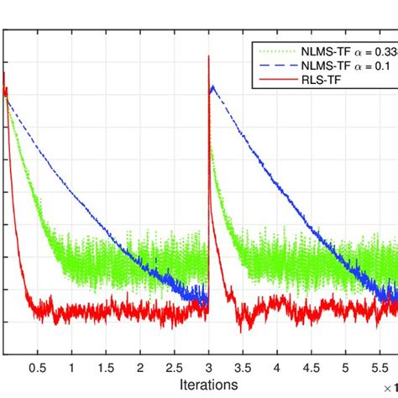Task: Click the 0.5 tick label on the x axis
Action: pos(37,368)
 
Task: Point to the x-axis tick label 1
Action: pos(71,368)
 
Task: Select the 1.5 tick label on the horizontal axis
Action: pos(106,368)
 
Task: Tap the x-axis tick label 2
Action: pos(140,368)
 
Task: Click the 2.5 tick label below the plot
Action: pos(174,368)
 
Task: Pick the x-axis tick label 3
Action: pos(208,368)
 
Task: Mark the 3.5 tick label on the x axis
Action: pos(243,368)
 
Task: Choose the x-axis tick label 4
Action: pos(277,368)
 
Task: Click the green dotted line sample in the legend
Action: pos(276,50)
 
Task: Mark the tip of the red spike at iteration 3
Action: pos(208,55)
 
